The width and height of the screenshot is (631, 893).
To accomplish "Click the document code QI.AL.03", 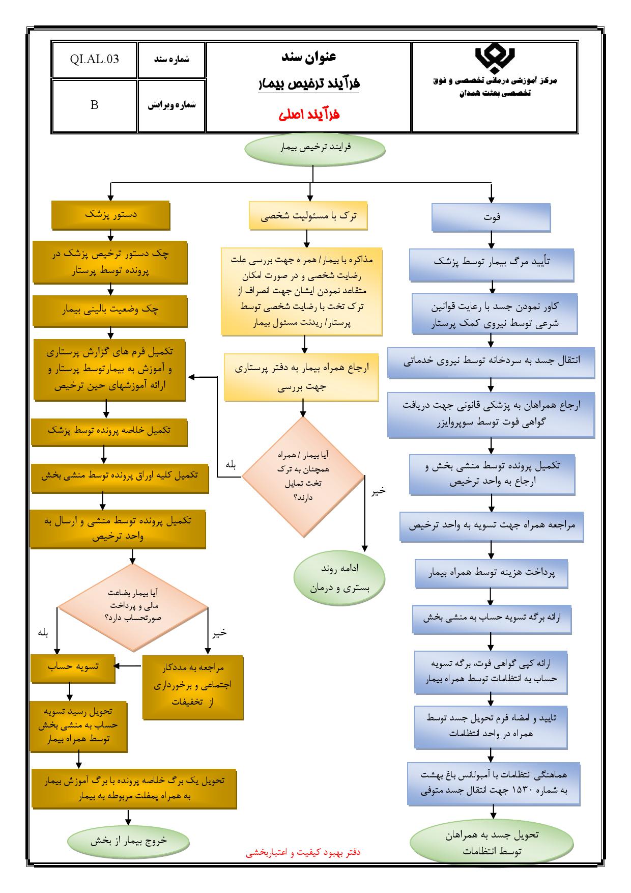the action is pyautogui.click(x=95, y=59).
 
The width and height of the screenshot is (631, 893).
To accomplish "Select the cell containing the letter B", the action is pyautogui.click(x=94, y=105).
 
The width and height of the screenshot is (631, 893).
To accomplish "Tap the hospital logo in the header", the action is pyautogui.click(x=495, y=60).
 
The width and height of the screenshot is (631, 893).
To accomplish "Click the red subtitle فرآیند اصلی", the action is pyautogui.click(x=309, y=115).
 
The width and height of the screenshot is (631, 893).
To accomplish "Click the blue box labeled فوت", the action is pyautogui.click(x=491, y=217).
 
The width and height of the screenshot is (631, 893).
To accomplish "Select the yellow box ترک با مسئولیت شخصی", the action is pyautogui.click(x=308, y=215).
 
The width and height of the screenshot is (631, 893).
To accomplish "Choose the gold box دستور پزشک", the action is pyautogui.click(x=111, y=215).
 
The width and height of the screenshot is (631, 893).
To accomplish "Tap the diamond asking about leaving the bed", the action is pyautogui.click(x=303, y=477).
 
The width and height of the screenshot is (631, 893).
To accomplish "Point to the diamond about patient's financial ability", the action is pyautogui.click(x=133, y=607).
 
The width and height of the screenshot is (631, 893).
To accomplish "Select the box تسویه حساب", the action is pyautogui.click(x=73, y=668).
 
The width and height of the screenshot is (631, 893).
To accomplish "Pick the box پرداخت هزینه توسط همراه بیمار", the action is pyautogui.click(x=491, y=573).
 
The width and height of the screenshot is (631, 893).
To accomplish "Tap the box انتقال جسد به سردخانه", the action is pyautogui.click(x=491, y=362).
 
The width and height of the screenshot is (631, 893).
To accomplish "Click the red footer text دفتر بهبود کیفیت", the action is pyautogui.click(x=303, y=852).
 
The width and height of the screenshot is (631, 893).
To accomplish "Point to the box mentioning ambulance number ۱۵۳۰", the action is pyautogui.click(x=494, y=783).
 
